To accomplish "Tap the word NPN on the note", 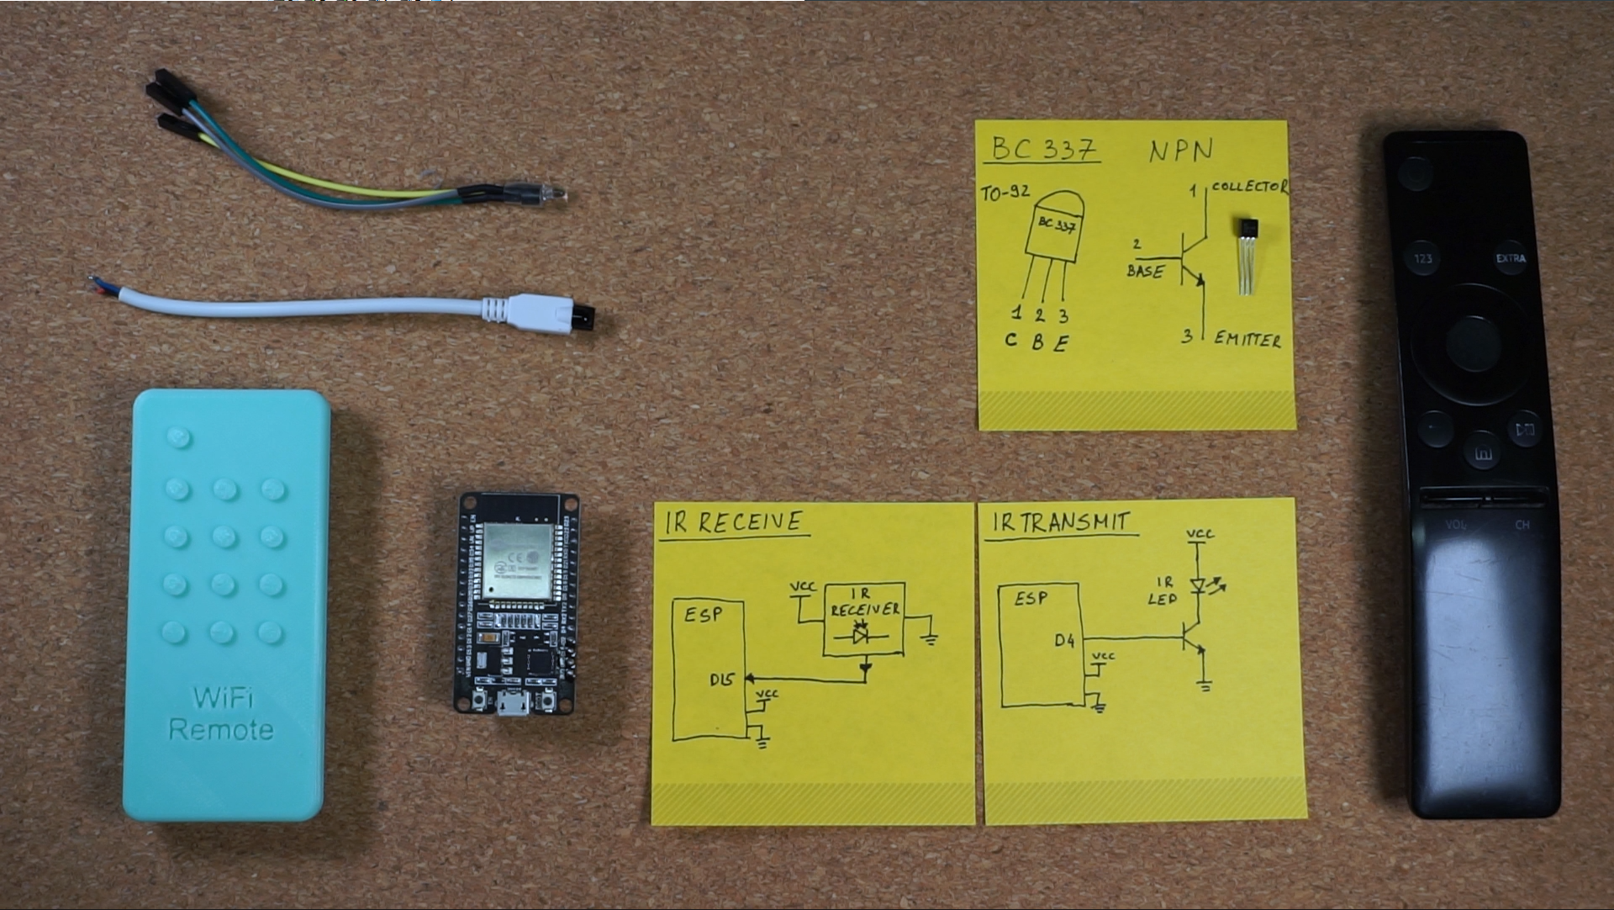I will click(x=1181, y=151).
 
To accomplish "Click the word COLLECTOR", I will click(x=1249, y=187).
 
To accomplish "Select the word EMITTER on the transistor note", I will click(x=1247, y=339).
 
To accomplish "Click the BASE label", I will click(x=1145, y=272).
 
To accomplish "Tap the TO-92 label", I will click(x=1005, y=193).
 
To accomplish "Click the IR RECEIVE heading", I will click(x=734, y=522).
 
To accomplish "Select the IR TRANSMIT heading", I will click(x=1060, y=522).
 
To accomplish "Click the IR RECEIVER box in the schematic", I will click(x=864, y=619).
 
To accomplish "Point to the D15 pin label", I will click(x=721, y=680).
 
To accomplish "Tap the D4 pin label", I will click(x=1064, y=641).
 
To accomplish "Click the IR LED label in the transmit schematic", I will click(x=1163, y=590).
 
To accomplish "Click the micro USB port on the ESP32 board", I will click(x=512, y=704).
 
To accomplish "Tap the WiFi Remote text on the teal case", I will click(x=222, y=713).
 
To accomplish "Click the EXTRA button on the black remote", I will click(x=1511, y=258).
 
